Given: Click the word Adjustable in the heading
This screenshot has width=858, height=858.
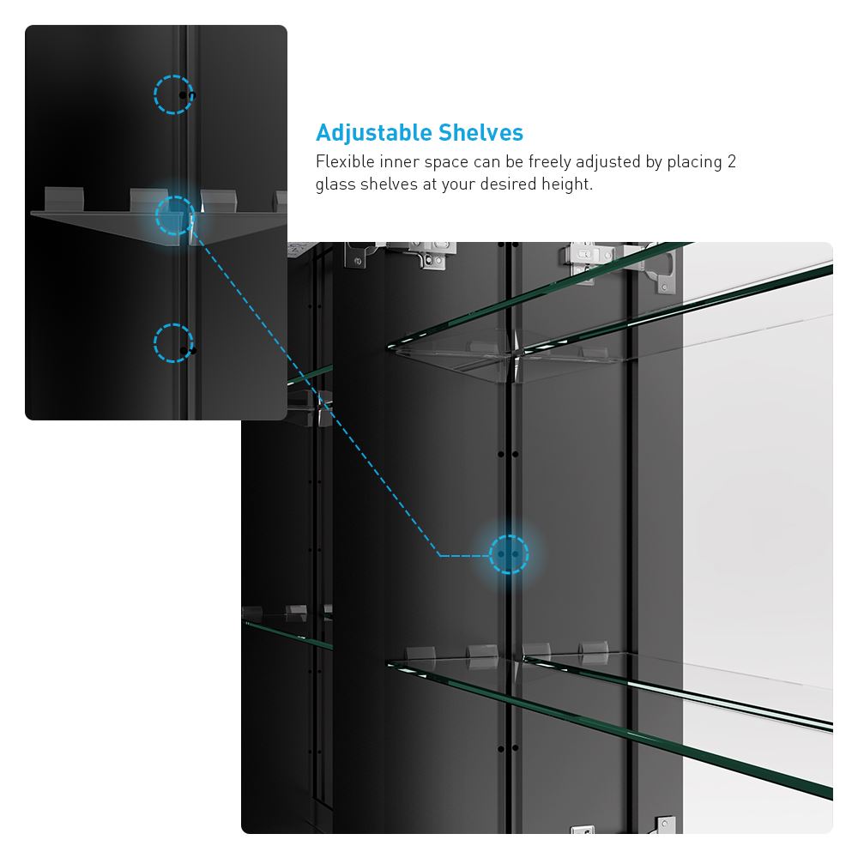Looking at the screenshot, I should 374,133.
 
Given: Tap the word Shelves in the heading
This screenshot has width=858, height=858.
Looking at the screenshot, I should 480,133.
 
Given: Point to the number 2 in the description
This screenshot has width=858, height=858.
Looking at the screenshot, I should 731,161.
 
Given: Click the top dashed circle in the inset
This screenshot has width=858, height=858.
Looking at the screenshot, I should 174,94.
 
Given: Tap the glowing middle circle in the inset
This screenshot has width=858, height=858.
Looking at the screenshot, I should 175,216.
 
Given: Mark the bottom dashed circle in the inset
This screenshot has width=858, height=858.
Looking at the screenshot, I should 174,343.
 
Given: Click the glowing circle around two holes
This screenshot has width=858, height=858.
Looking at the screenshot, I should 508,553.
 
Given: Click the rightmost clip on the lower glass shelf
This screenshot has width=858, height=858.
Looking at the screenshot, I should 593,650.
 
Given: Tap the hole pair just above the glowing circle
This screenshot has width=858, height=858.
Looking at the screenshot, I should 508,453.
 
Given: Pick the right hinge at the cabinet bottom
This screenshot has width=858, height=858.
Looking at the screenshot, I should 665,825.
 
